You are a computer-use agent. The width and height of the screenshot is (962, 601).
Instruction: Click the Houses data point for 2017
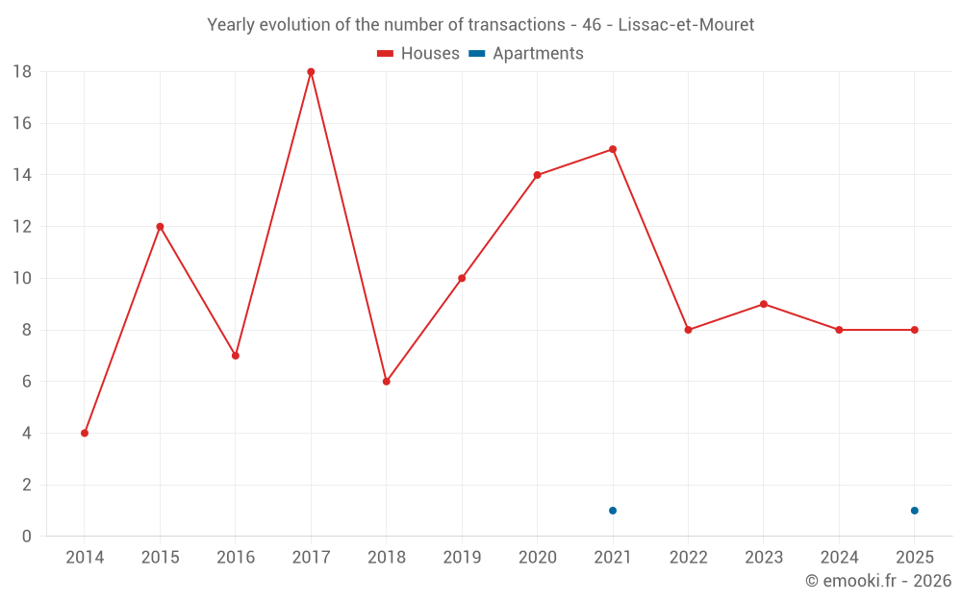[x=311, y=71]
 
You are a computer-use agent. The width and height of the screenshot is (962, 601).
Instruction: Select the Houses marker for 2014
[x=85, y=433]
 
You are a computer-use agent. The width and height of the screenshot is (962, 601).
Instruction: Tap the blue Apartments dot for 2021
[x=613, y=511]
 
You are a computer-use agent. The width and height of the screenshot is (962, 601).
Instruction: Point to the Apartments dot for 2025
[x=915, y=511]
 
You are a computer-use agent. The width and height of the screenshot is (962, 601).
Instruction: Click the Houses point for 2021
[x=613, y=149]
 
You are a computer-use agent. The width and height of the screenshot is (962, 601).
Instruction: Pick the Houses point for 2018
[x=386, y=382]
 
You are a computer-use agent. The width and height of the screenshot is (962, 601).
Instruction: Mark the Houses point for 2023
[x=764, y=304]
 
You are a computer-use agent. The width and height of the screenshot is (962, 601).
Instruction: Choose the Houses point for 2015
[x=160, y=227]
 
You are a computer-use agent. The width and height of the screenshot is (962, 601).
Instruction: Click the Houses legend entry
[x=418, y=54]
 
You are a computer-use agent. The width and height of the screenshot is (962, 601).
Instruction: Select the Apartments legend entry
[x=526, y=54]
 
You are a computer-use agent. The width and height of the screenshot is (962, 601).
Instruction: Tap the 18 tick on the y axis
[x=22, y=71]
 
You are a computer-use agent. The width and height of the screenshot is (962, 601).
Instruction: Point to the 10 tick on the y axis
[x=22, y=279]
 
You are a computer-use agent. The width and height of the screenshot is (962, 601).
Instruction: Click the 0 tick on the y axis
[x=27, y=537]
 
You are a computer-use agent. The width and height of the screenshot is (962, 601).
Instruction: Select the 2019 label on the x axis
[x=462, y=558]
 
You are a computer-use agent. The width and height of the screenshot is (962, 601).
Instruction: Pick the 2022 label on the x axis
[x=688, y=558]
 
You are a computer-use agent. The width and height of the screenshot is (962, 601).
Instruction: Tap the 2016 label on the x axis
[x=236, y=558]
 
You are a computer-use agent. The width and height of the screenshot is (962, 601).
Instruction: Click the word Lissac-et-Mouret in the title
[x=686, y=25]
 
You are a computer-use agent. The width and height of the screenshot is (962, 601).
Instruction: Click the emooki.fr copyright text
[x=878, y=581]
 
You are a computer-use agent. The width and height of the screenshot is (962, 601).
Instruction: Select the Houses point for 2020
[x=537, y=175]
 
